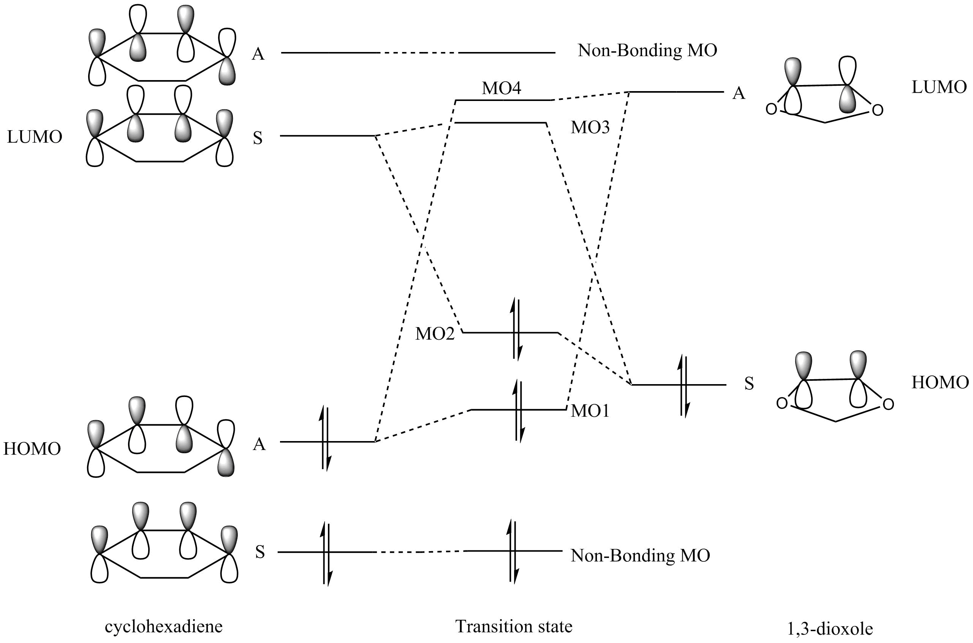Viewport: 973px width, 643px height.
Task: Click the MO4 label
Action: (501, 88)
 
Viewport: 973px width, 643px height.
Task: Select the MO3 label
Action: (590, 128)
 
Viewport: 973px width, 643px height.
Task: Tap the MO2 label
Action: (435, 334)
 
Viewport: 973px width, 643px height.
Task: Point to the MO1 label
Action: (590, 411)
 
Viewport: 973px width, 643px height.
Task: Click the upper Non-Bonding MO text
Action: (647, 50)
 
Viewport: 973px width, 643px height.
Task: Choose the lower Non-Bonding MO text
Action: (640, 556)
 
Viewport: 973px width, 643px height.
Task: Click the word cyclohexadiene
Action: (163, 627)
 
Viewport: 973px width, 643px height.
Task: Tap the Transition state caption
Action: (514, 626)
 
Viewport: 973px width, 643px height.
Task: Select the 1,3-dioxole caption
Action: (830, 629)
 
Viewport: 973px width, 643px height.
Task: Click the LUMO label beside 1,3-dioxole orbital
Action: (939, 87)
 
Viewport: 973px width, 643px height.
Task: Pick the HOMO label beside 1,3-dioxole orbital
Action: (940, 383)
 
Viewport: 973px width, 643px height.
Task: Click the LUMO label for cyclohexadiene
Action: (35, 137)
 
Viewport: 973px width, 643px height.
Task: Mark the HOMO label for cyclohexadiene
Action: (32, 449)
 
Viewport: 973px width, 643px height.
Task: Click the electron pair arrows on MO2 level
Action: (516, 330)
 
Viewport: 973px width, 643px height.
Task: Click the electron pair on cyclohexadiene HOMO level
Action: (325, 438)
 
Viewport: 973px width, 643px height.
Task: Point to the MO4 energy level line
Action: (503, 100)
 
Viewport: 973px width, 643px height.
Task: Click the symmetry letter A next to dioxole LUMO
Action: (739, 93)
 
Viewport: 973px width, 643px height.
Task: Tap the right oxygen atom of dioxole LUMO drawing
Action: (877, 110)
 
